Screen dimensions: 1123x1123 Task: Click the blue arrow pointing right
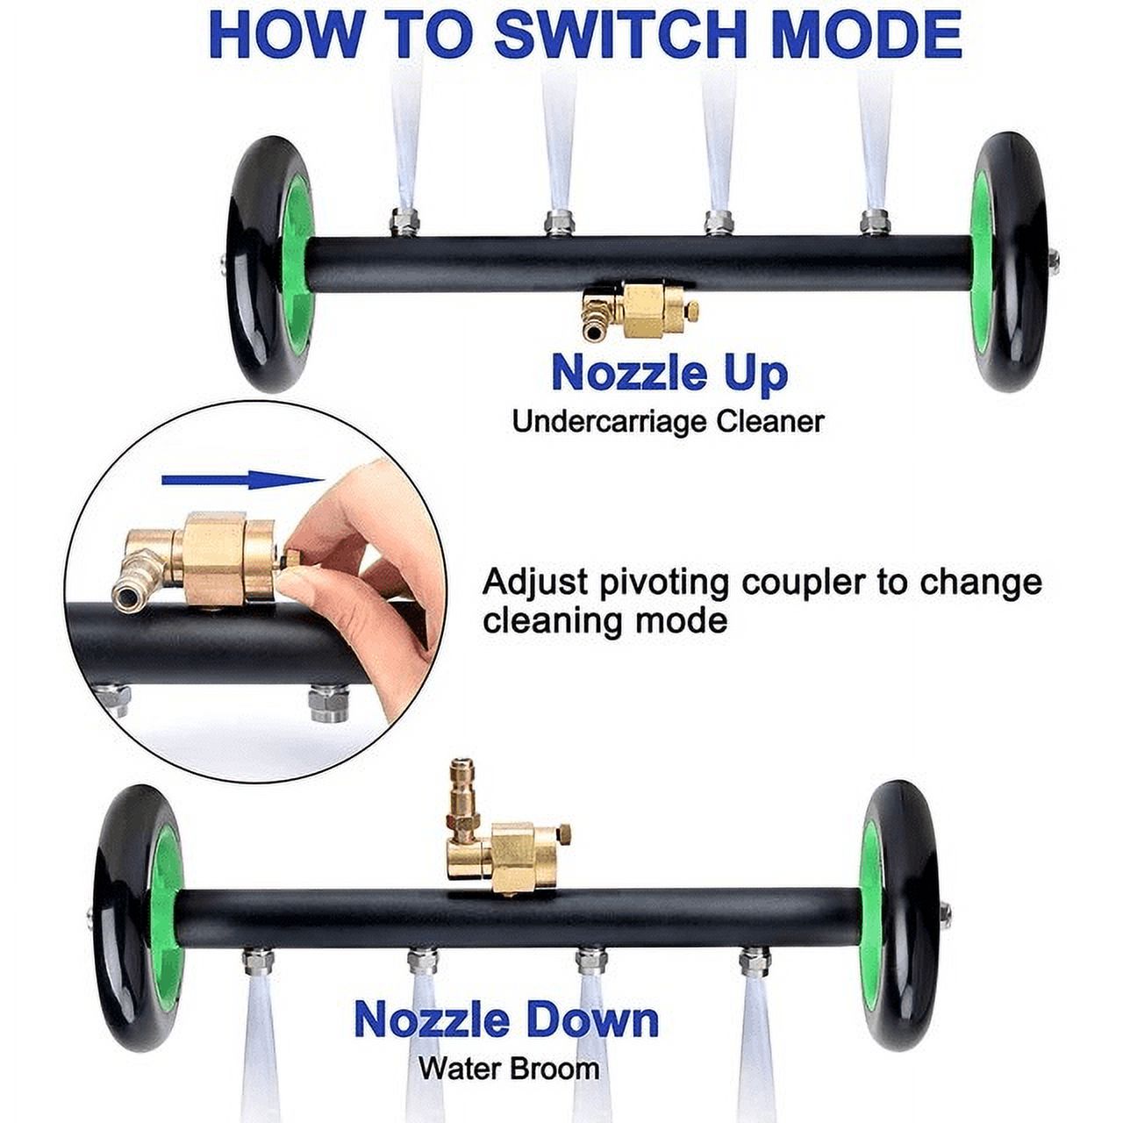click(x=242, y=480)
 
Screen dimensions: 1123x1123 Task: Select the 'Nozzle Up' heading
click(x=669, y=375)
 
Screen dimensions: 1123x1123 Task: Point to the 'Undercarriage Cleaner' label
click(x=668, y=421)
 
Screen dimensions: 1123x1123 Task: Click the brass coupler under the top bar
click(x=641, y=311)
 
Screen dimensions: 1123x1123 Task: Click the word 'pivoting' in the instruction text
click(x=659, y=583)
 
